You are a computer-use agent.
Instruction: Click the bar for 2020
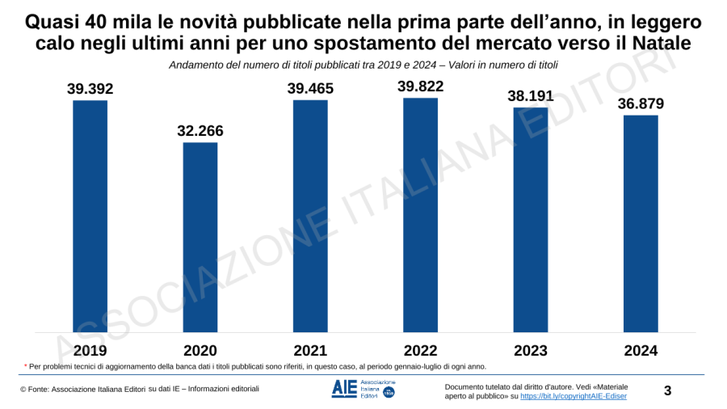(x=200, y=238)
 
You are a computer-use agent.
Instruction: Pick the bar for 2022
(x=420, y=215)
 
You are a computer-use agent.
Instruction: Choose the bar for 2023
(x=531, y=220)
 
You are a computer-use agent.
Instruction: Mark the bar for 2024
(x=641, y=224)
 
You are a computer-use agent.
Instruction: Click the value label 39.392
(x=90, y=89)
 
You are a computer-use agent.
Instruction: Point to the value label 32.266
(x=200, y=131)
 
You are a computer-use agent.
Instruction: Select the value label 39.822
(x=420, y=87)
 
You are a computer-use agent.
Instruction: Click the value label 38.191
(x=531, y=96)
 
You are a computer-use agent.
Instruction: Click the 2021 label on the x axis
(x=310, y=351)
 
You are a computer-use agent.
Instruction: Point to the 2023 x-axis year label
(x=531, y=351)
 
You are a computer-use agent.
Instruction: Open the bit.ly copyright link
(x=574, y=396)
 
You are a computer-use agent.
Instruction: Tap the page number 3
(x=667, y=391)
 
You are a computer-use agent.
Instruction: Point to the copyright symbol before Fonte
(x=23, y=390)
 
